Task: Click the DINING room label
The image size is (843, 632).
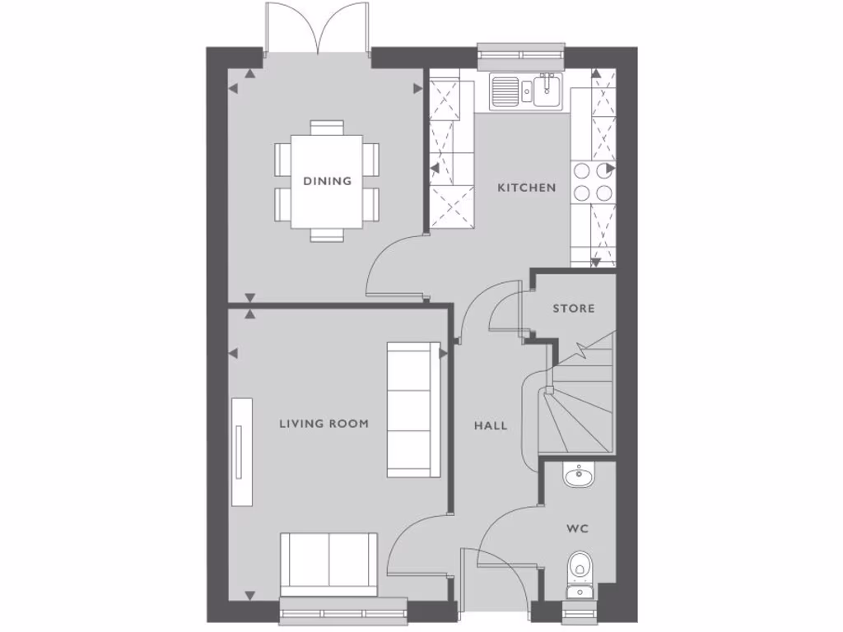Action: [327, 181]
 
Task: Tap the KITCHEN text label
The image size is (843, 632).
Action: [526, 188]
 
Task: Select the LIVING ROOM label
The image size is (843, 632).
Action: [324, 424]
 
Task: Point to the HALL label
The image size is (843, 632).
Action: [491, 425]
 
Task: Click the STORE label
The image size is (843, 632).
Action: [573, 309]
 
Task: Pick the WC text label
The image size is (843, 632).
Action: [577, 528]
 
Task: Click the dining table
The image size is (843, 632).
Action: [327, 181]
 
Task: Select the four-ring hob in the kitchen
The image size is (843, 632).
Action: [593, 182]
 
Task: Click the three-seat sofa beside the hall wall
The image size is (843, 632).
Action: [414, 410]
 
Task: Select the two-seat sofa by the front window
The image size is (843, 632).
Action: [329, 562]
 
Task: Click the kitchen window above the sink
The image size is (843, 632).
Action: [522, 55]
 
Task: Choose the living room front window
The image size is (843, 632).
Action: [343, 610]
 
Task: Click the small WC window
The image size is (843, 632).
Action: [579, 612]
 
